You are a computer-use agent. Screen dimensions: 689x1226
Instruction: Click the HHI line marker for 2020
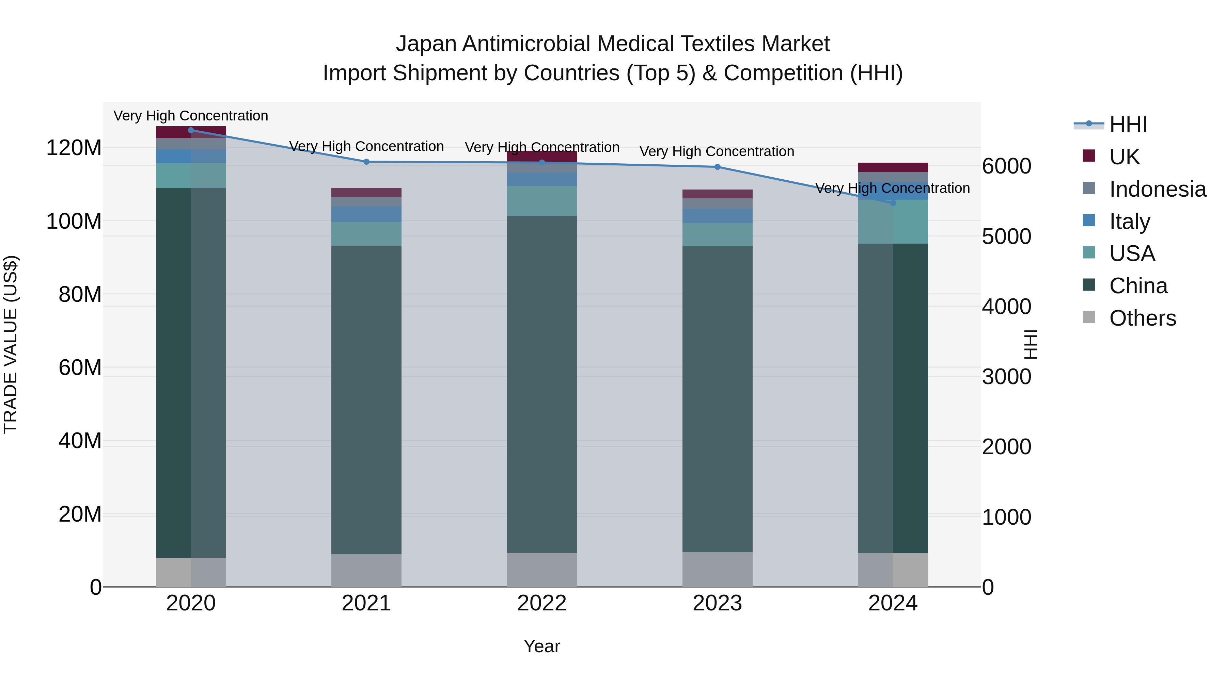coord(191,130)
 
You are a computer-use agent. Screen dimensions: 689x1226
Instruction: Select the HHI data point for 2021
coord(366,162)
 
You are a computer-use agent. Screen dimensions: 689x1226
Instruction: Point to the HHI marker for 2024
coord(893,203)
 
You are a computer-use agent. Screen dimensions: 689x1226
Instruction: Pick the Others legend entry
coord(1142,318)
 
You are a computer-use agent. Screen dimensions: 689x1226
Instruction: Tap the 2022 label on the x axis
coord(541,603)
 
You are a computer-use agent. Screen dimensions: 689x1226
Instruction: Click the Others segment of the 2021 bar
coord(366,570)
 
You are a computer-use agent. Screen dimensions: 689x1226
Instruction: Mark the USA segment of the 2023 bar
coord(717,234)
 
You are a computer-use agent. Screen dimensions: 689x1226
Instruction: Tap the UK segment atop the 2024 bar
coord(893,167)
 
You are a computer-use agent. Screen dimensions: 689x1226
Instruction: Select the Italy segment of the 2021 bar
coord(366,214)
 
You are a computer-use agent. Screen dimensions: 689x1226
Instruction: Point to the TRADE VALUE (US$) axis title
coord(11,344)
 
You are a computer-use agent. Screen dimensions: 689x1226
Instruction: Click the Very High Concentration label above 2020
coord(191,116)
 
